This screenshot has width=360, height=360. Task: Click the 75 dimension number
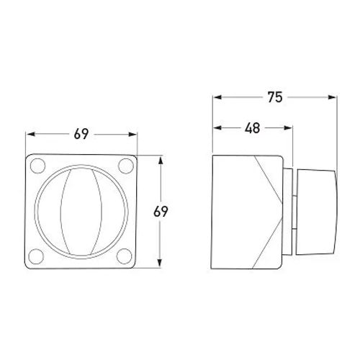(275, 97)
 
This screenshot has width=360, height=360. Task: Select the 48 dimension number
(252, 128)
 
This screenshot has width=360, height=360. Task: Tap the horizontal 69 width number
(81, 134)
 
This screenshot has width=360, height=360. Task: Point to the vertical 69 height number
(161, 212)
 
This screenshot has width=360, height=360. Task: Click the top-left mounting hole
(37, 166)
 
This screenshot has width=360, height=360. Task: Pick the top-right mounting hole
(126, 166)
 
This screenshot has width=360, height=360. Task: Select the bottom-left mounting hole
(36, 256)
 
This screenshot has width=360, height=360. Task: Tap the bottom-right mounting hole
(124, 256)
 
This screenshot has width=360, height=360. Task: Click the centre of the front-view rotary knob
(81, 212)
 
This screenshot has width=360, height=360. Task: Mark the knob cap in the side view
(316, 212)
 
